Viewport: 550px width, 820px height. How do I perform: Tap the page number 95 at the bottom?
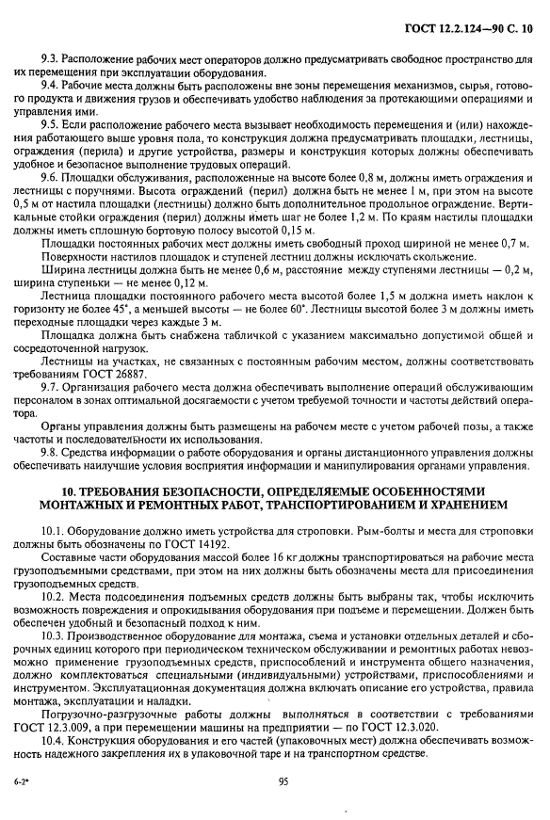(x=283, y=780)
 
